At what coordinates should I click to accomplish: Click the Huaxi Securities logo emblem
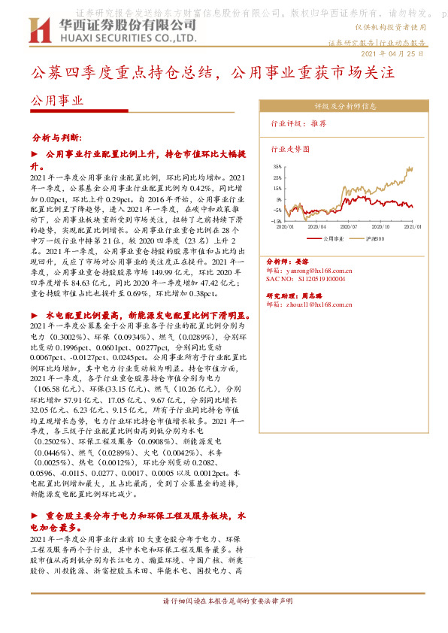[38, 31]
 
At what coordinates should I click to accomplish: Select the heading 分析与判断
[67, 139]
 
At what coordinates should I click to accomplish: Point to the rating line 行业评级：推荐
[298, 123]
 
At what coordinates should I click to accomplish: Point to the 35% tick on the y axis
[277, 166]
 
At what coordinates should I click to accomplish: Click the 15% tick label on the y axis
[277, 188]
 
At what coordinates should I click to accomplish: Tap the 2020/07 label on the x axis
[349, 226]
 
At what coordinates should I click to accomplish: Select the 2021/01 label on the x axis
[413, 226]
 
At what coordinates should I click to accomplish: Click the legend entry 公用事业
[333, 238]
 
